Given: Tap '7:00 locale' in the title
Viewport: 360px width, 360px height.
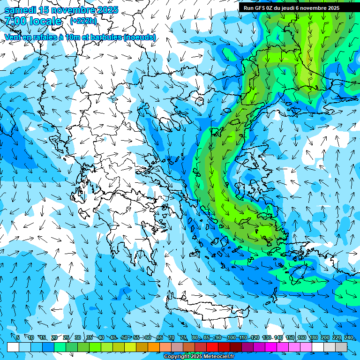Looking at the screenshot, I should point(33,21).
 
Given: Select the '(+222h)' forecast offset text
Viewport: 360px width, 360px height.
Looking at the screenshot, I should point(83,21).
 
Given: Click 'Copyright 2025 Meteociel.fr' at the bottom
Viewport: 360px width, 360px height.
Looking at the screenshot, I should point(199,357).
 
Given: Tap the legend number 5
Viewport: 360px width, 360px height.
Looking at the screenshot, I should point(18,337).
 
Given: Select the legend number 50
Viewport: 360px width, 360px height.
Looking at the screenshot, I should point(125,337).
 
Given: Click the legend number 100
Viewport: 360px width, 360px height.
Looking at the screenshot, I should point(231,337).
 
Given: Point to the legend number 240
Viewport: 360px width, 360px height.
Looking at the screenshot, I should point(348,337).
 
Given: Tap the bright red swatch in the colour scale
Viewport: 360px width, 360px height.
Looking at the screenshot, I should point(212,347).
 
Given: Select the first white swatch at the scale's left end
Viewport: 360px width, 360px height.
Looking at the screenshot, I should point(13,347).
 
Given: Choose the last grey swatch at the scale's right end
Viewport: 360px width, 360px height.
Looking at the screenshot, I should point(341,347).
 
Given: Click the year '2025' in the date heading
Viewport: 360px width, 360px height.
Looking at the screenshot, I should point(105,10).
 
